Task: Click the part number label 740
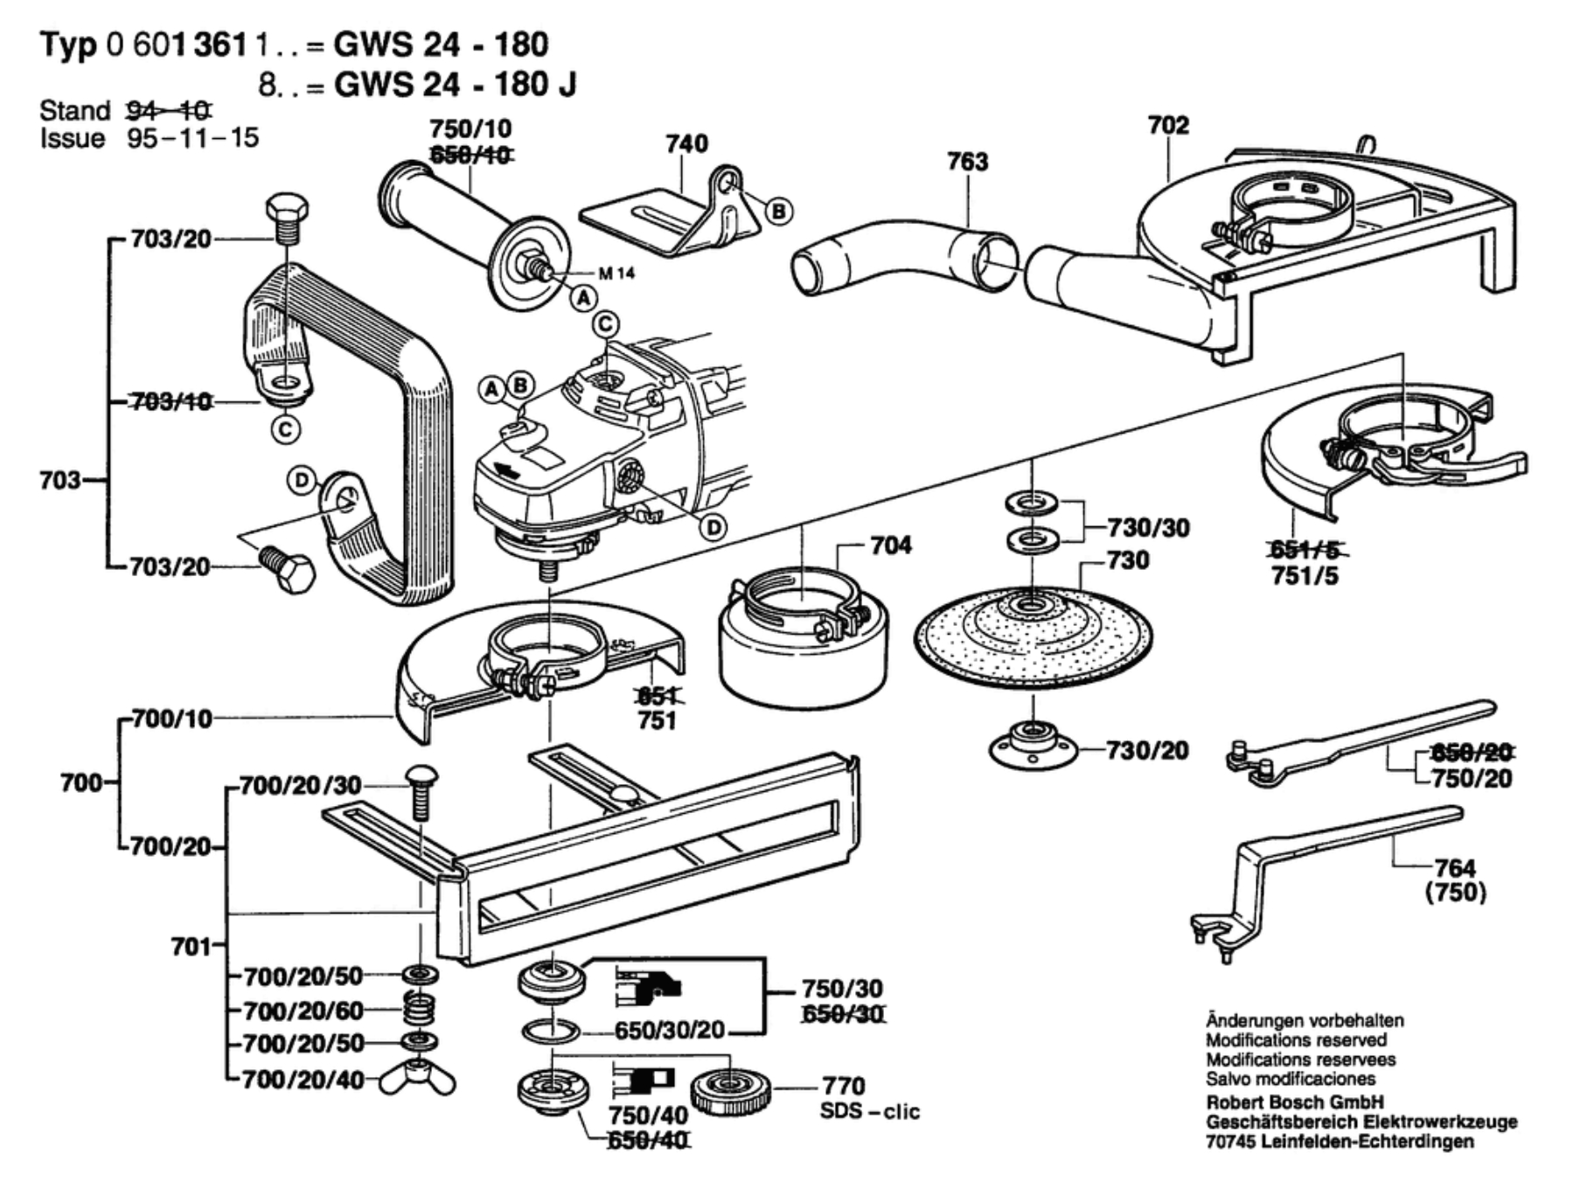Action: pos(686,144)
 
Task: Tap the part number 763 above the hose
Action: pos(967,162)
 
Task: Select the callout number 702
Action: pos(1168,126)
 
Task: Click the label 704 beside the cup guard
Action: pos(890,545)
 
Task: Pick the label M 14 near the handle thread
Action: pos(616,274)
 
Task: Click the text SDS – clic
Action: pos(869,1112)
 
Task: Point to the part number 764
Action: pos(1455,868)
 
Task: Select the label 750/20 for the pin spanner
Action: pos(1472,778)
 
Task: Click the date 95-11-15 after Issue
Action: pos(192,139)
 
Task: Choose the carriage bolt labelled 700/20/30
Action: pos(421,791)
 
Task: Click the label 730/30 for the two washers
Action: pos(1148,528)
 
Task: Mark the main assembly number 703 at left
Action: pos(59,480)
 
